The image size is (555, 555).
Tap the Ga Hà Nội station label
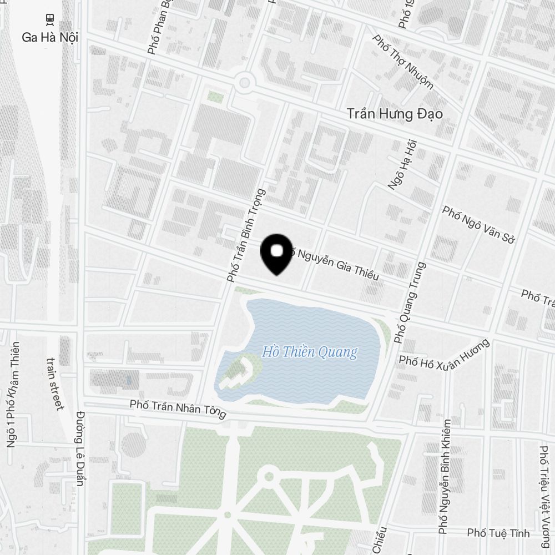pyautogui.click(x=49, y=38)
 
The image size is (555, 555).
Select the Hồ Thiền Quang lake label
pyautogui.click(x=310, y=352)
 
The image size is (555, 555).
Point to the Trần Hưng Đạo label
pyautogui.click(x=395, y=114)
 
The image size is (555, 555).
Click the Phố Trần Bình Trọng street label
pyautogui.click(x=246, y=235)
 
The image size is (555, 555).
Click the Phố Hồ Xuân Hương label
pyautogui.click(x=445, y=353)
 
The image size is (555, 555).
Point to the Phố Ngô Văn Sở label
pyautogui.click(x=479, y=225)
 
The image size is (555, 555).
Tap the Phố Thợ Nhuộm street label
pyautogui.click(x=403, y=62)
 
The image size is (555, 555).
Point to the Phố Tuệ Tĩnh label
pyautogui.click(x=498, y=533)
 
